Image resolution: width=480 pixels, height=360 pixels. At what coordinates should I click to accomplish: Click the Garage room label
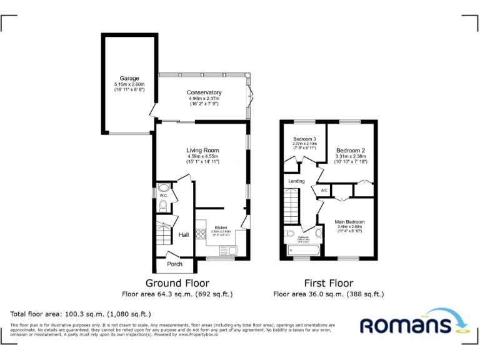(129, 79)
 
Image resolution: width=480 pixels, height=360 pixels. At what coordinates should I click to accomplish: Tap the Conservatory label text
(204, 93)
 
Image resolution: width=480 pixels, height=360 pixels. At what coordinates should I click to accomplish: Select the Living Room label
(202, 151)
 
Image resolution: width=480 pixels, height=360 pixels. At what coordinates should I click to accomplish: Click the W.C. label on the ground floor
(163, 196)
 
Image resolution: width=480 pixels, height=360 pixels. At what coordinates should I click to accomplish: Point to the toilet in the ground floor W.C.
(163, 205)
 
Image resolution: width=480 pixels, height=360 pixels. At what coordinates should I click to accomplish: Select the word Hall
(184, 235)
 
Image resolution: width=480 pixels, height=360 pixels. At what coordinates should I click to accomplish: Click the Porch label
(175, 264)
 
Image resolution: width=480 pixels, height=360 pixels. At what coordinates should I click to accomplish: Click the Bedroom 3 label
(304, 139)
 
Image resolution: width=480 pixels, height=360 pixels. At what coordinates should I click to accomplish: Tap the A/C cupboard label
(324, 190)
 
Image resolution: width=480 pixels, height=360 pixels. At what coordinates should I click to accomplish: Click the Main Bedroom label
(349, 222)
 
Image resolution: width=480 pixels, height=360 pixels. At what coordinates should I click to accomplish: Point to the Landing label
(296, 181)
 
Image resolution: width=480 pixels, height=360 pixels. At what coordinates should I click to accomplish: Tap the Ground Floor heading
(177, 283)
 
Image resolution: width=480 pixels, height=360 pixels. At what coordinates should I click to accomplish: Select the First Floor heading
(328, 283)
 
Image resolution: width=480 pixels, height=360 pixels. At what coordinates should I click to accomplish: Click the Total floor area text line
(81, 314)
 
